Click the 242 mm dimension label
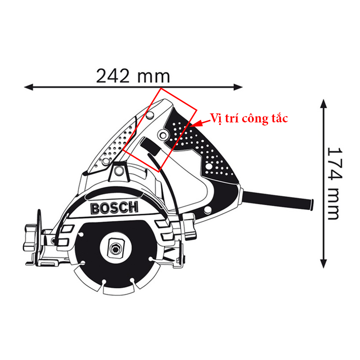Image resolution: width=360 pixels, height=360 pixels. (x=133, y=76)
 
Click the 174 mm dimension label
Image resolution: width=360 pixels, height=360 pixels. (x=334, y=184)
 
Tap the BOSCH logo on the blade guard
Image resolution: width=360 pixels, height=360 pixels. (x=115, y=208)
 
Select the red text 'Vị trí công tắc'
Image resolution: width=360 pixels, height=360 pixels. (x=249, y=118)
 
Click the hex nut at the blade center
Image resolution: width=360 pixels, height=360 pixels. (x=116, y=248)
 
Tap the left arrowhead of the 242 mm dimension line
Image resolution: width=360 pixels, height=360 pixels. (x=29, y=87)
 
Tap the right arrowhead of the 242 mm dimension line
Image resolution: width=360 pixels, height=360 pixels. (x=238, y=87)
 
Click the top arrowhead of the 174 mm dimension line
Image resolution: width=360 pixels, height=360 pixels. (x=324, y=104)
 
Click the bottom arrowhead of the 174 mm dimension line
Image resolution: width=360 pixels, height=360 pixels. (x=324, y=263)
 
